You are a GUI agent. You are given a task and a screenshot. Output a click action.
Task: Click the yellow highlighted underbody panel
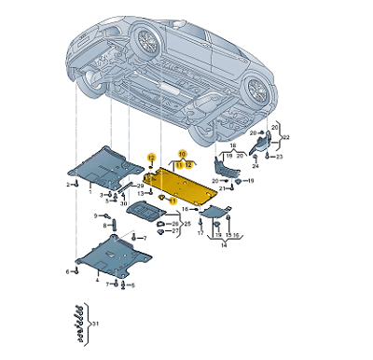point(186,186)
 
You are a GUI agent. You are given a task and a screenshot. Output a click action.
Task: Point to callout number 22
point(285,137)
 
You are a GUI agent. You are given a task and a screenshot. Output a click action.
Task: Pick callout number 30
point(123,203)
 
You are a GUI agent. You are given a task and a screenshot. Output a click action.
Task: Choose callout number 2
point(68,185)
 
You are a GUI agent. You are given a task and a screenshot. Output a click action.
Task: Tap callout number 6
point(68,271)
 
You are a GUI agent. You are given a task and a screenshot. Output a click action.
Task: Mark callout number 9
point(96,215)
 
